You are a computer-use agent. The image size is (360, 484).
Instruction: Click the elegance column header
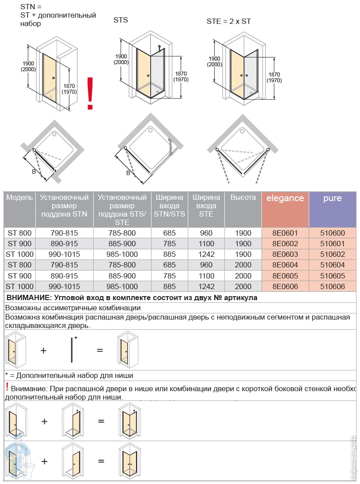coord(285,198)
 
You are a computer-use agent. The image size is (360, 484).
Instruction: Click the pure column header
coord(332,198)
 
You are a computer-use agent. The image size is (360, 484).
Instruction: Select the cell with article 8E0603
coord(285,254)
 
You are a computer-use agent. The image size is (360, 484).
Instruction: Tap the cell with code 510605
coord(332,276)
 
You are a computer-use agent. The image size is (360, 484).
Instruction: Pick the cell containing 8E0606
coord(285,286)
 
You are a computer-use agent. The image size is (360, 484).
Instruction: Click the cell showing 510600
coord(332,233)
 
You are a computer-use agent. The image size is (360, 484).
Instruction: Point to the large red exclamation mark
coord(90,93)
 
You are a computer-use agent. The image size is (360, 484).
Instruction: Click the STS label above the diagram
coord(121,20)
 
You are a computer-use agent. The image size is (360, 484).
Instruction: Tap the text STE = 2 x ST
coord(229,21)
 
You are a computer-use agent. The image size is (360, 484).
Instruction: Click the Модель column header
coord(19,198)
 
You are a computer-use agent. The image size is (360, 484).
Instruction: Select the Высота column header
coord(243,198)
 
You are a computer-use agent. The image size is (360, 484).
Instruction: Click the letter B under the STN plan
coord(34,171)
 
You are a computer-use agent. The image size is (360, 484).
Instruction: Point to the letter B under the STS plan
coord(128,173)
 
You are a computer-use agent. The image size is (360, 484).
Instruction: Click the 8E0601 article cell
coord(285,233)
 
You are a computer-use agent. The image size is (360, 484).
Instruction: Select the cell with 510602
coord(332,254)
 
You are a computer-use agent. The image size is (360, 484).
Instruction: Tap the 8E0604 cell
coord(285,265)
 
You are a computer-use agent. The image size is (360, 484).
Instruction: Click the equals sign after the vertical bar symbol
coord(100,351)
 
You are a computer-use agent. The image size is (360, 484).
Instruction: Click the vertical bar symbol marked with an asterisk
coord(72,350)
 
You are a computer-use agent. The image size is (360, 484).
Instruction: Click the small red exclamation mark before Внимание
coord(7,387)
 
